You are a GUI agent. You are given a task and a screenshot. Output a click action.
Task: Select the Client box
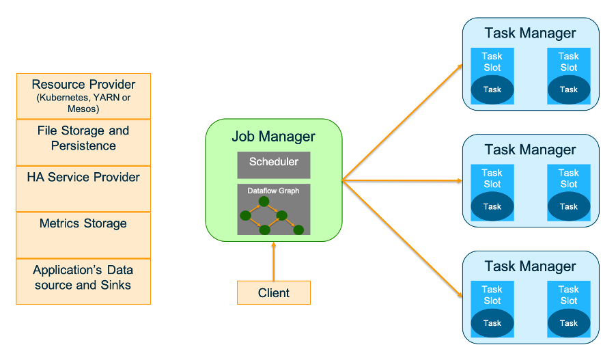[273, 293]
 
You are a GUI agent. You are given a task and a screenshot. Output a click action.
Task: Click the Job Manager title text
[273, 136]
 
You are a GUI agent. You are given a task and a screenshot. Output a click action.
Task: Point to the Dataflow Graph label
[273, 191]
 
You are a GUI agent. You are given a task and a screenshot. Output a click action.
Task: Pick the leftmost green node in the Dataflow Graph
[246, 216]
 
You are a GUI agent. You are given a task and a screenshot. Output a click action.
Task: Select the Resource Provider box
[83, 96]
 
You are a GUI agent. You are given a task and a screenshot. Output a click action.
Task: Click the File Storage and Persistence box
[83, 141]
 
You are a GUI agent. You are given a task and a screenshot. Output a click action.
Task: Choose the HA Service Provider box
[83, 188]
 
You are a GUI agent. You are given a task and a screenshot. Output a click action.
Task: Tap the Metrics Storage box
[83, 234]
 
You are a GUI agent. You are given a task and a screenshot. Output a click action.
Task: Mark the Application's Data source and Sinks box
[83, 281]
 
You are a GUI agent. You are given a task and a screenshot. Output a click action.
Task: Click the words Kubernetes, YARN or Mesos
[83, 103]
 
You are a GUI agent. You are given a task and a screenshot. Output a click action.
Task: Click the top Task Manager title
[530, 33]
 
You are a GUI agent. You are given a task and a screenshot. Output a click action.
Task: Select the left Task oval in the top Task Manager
[492, 89]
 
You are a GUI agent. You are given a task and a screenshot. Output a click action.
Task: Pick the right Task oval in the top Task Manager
[568, 89]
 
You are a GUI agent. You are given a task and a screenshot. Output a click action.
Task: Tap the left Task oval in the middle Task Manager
[492, 206]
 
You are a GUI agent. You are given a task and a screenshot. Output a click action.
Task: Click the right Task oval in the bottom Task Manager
[568, 323]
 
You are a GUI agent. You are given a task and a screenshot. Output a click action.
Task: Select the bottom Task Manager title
[530, 266]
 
